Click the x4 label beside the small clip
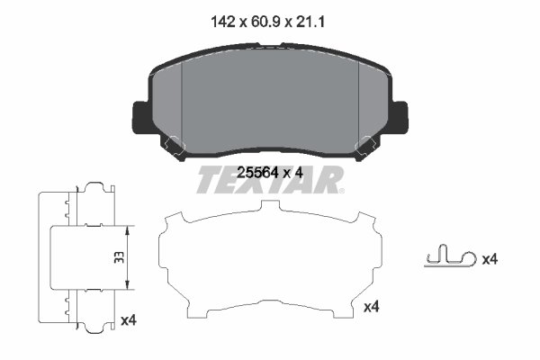[x=490, y=259]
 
